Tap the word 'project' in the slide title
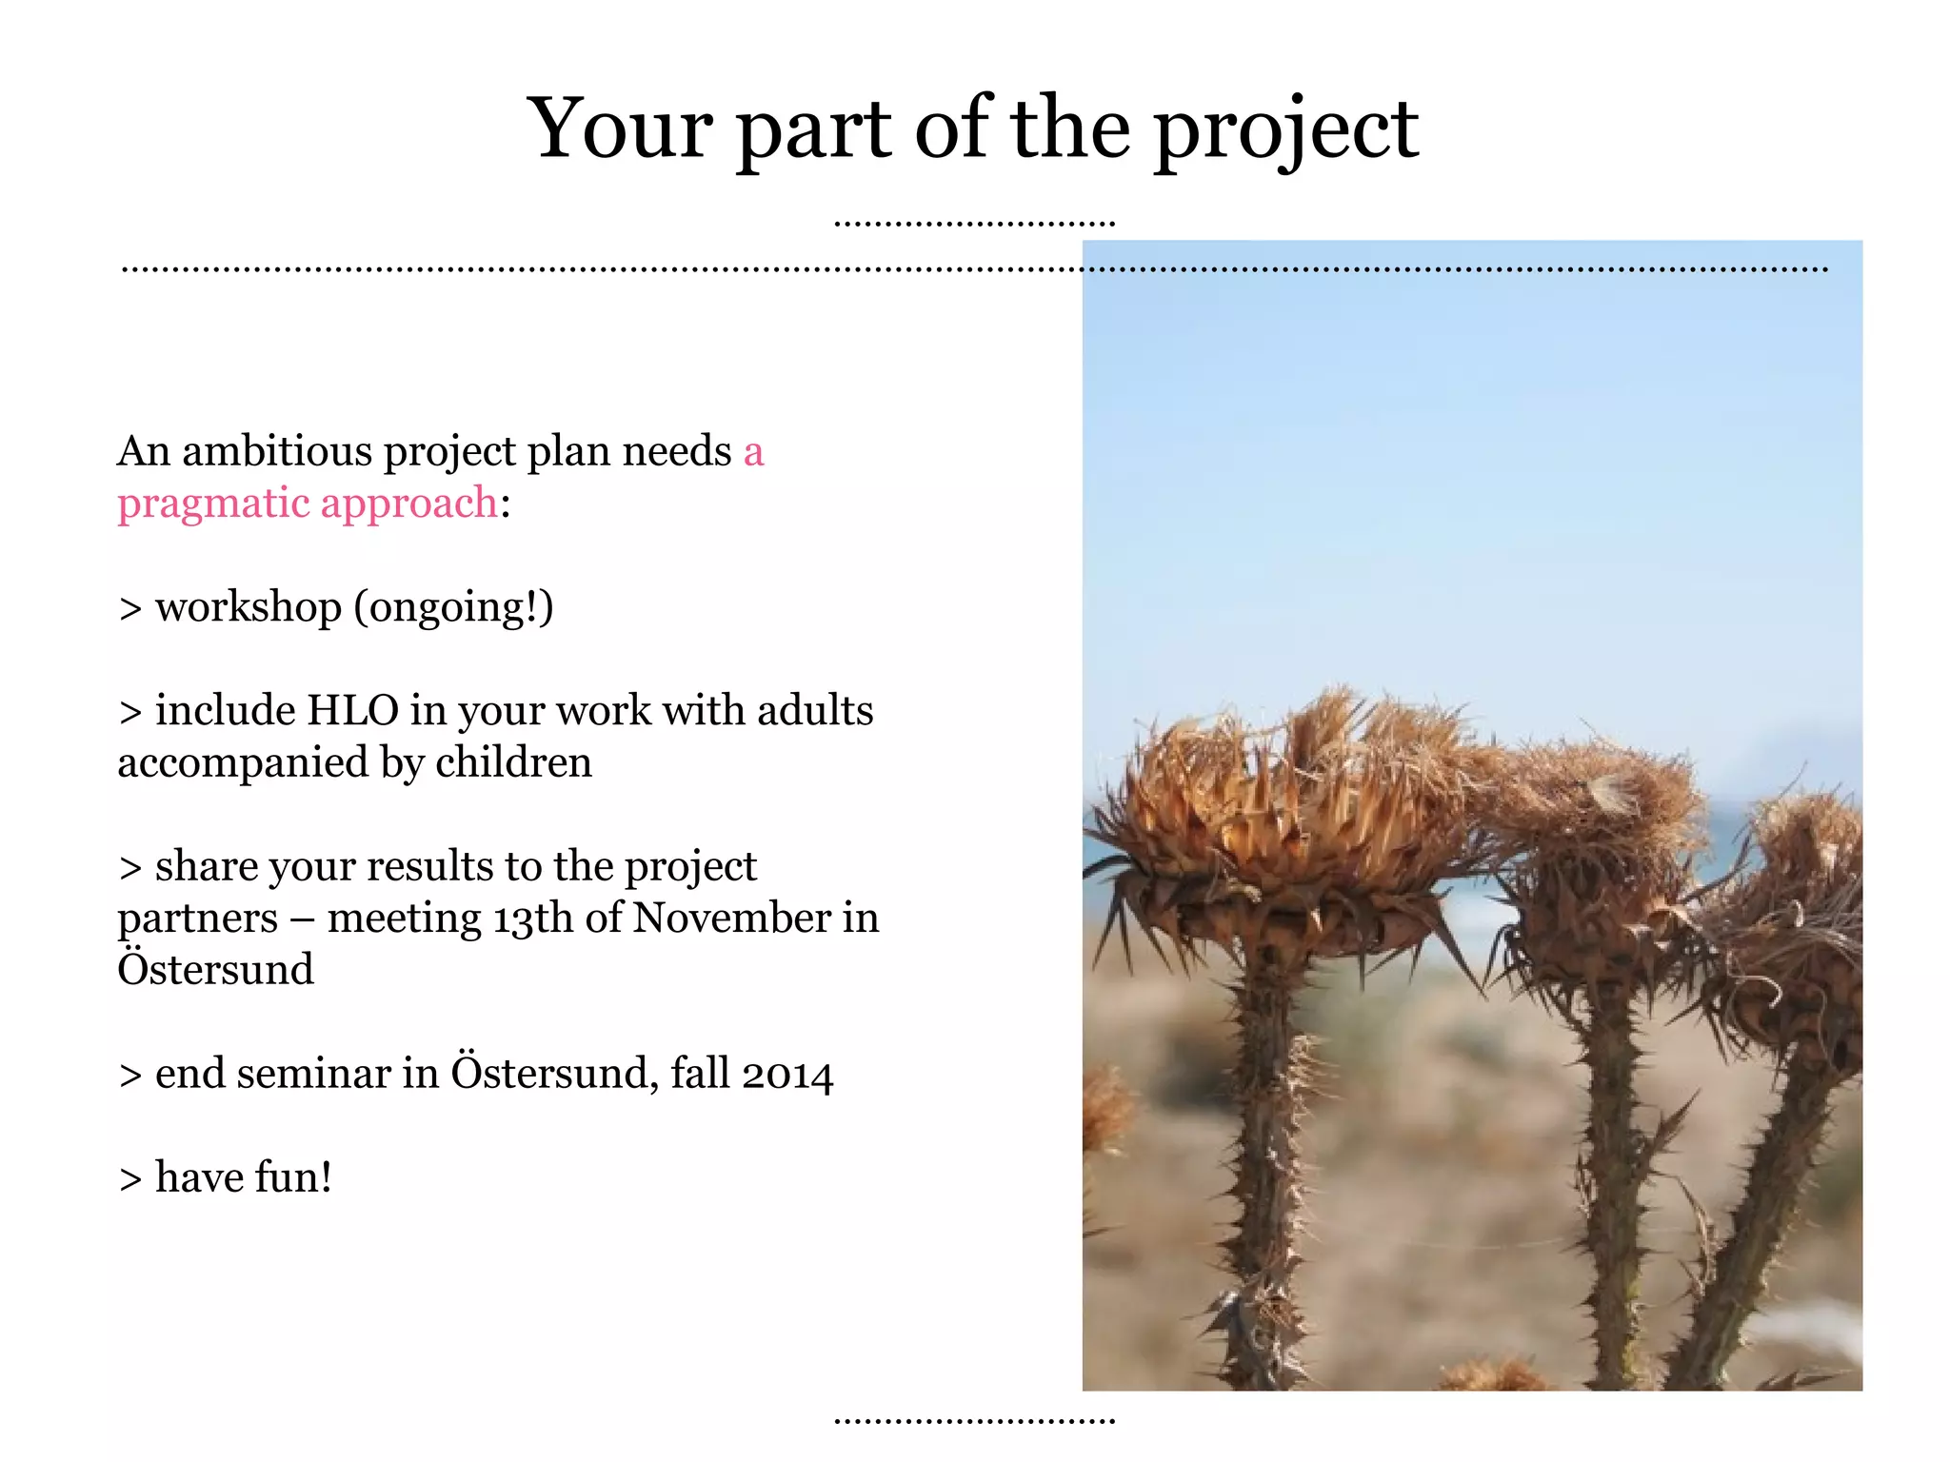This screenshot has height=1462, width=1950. click(x=1286, y=133)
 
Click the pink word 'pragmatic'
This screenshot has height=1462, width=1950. click(x=212, y=504)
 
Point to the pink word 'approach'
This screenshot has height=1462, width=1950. click(x=408, y=504)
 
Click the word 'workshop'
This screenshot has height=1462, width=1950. click(x=248, y=607)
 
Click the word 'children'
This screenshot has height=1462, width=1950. click(x=513, y=763)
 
